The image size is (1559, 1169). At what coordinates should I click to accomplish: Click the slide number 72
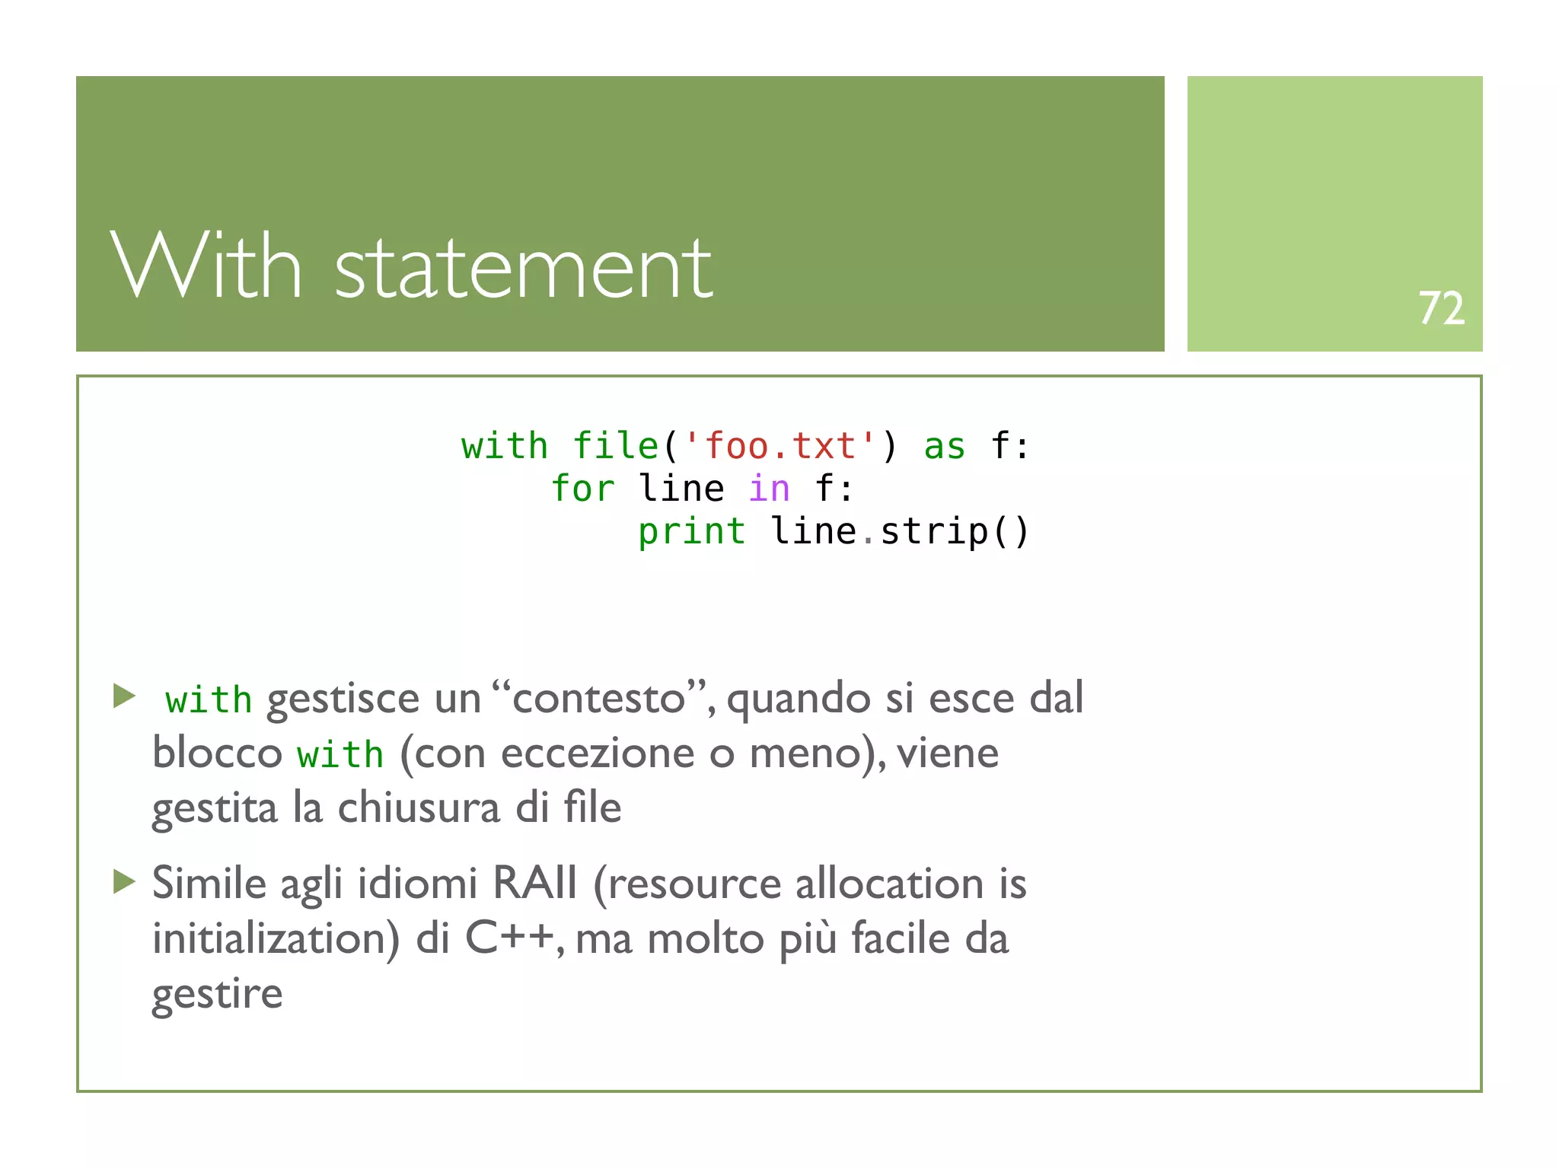(x=1441, y=308)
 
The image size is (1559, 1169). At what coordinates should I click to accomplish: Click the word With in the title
(x=206, y=266)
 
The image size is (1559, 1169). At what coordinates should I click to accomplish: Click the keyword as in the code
(x=944, y=447)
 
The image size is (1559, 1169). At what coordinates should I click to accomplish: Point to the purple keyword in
(x=769, y=489)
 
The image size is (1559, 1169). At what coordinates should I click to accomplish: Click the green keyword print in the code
(x=691, y=531)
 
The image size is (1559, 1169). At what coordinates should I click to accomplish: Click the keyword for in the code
(x=582, y=489)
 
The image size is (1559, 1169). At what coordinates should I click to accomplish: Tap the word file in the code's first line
(x=615, y=446)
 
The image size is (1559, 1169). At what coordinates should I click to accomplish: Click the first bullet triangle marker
(x=124, y=695)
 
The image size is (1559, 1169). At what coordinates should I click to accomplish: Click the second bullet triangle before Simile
(x=124, y=881)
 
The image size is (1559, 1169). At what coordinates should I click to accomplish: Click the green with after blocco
(x=340, y=755)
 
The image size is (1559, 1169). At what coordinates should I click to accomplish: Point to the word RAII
(x=535, y=884)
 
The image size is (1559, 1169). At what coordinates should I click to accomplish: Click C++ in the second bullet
(x=509, y=938)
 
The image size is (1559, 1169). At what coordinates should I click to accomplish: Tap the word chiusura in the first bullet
(x=419, y=808)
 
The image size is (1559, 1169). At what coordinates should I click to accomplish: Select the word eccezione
(x=598, y=753)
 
